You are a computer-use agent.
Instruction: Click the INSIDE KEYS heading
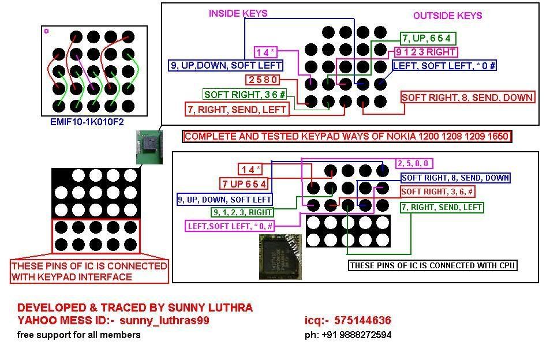pyautogui.click(x=238, y=13)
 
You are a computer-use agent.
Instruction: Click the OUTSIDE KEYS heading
pyautogui.click(x=447, y=16)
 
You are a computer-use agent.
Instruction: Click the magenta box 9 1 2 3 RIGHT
pyautogui.click(x=426, y=52)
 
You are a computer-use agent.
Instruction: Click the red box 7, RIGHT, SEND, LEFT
pyautogui.click(x=237, y=108)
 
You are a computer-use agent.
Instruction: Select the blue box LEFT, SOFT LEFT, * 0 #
pyautogui.click(x=444, y=65)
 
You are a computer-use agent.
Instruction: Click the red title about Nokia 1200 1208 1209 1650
pyautogui.click(x=346, y=137)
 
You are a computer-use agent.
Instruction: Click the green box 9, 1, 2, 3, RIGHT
pyautogui.click(x=242, y=212)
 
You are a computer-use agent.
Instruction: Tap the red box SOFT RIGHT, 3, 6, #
pyautogui.click(x=439, y=192)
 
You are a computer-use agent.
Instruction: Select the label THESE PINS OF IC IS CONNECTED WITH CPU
pyautogui.click(x=432, y=265)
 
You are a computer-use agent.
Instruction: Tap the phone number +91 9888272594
pyautogui.click(x=348, y=335)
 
